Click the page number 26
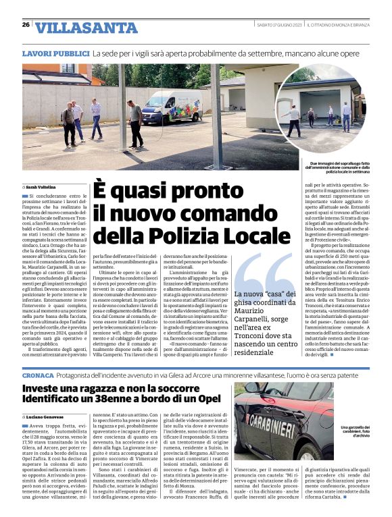pyautogui.click(x=26, y=25)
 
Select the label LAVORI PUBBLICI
pyautogui.click(x=55, y=53)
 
